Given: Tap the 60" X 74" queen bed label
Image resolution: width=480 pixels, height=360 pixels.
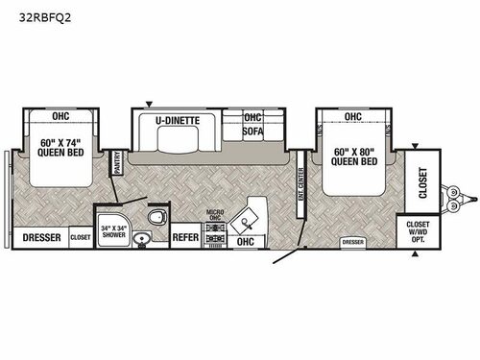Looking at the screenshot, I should click(x=60, y=154).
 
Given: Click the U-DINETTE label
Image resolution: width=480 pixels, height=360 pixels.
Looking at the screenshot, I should click(x=177, y=120).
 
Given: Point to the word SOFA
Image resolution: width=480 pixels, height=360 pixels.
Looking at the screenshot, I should click(x=252, y=132).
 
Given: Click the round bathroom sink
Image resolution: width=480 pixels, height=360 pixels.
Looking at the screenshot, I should click(x=144, y=238).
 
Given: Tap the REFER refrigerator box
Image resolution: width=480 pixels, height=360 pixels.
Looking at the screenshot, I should click(x=184, y=234).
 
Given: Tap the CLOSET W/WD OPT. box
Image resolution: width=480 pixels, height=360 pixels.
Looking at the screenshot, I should click(x=416, y=231).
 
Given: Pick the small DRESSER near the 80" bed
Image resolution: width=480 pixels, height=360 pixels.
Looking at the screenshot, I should click(x=352, y=242).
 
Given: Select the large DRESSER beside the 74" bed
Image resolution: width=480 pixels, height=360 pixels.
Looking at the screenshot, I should click(x=40, y=237).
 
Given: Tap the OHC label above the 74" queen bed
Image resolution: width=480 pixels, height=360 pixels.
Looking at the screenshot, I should click(x=60, y=117).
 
